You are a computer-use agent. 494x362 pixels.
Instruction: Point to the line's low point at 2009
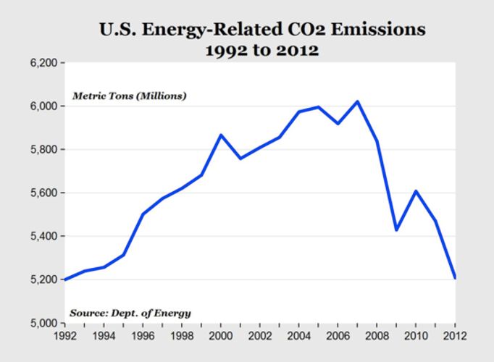click(396, 230)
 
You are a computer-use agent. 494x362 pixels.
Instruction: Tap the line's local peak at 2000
click(222, 135)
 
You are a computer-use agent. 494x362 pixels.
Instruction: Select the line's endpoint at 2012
click(455, 278)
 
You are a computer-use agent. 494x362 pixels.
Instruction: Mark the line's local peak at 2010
click(416, 191)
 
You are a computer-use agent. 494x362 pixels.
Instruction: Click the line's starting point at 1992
click(65, 279)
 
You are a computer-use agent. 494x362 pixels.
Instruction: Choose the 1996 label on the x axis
click(143, 335)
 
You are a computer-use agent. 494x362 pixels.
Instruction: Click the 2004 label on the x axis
click(299, 335)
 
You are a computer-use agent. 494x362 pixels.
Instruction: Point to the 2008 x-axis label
click(377, 335)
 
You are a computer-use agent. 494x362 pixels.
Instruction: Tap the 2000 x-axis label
click(222, 335)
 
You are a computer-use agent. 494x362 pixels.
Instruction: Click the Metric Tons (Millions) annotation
click(129, 96)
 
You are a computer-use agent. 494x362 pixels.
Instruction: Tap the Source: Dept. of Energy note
click(130, 313)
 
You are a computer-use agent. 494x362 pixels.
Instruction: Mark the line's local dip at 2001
click(241, 158)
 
